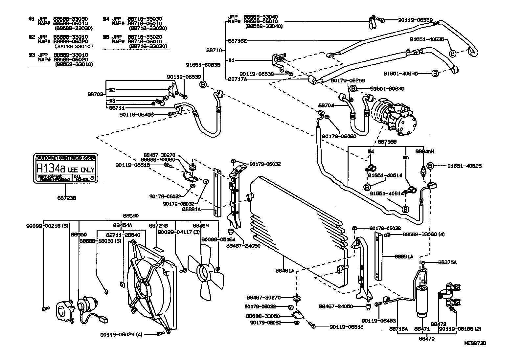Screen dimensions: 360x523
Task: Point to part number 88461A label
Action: pos(284,271)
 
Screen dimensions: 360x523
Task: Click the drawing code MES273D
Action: pos(475,343)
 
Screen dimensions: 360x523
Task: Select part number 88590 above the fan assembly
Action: pos(131,216)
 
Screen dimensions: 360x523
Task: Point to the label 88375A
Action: pos(447,262)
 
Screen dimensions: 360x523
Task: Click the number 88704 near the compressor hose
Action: pos(326,106)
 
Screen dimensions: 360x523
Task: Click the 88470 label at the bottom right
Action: pos(427,339)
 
